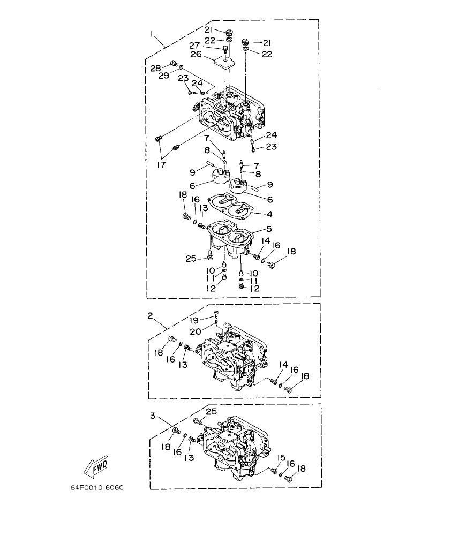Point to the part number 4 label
[270, 214]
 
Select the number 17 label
[161, 165]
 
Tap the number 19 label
[194, 320]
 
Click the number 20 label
[196, 331]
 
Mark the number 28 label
[155, 68]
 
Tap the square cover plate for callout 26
[224, 61]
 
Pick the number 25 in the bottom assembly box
[212, 411]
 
